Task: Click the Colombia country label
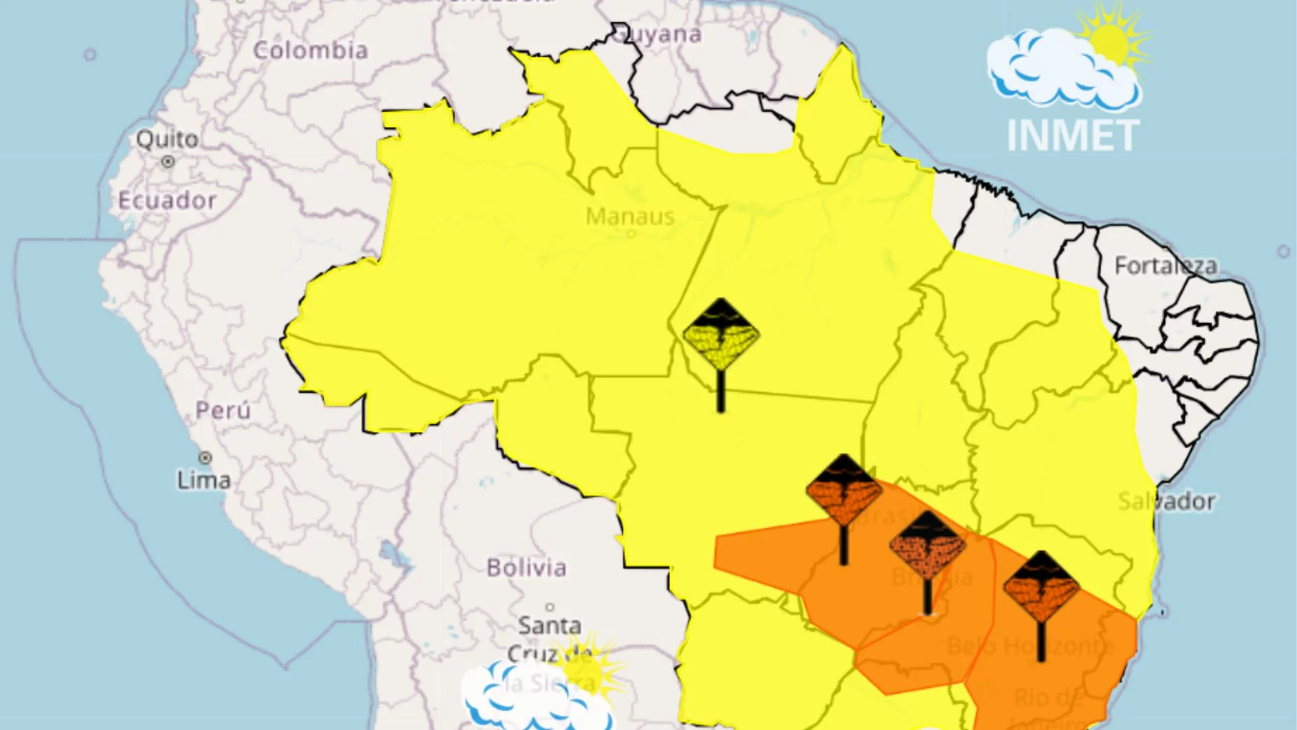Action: tap(310, 50)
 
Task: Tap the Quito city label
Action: tap(167, 139)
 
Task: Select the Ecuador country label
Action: tap(167, 200)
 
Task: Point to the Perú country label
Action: tap(223, 410)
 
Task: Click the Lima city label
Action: tap(203, 481)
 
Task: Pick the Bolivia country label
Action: tap(526, 568)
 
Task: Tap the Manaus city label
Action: tap(630, 216)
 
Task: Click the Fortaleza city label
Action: tap(1165, 266)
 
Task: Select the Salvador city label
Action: tap(1166, 502)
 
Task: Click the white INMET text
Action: tap(1073, 136)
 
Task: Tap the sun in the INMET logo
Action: tap(1109, 42)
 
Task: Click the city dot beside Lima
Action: tap(205, 458)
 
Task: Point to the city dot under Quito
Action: tap(168, 162)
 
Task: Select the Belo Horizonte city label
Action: tap(1029, 646)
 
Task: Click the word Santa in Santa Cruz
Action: tap(549, 625)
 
